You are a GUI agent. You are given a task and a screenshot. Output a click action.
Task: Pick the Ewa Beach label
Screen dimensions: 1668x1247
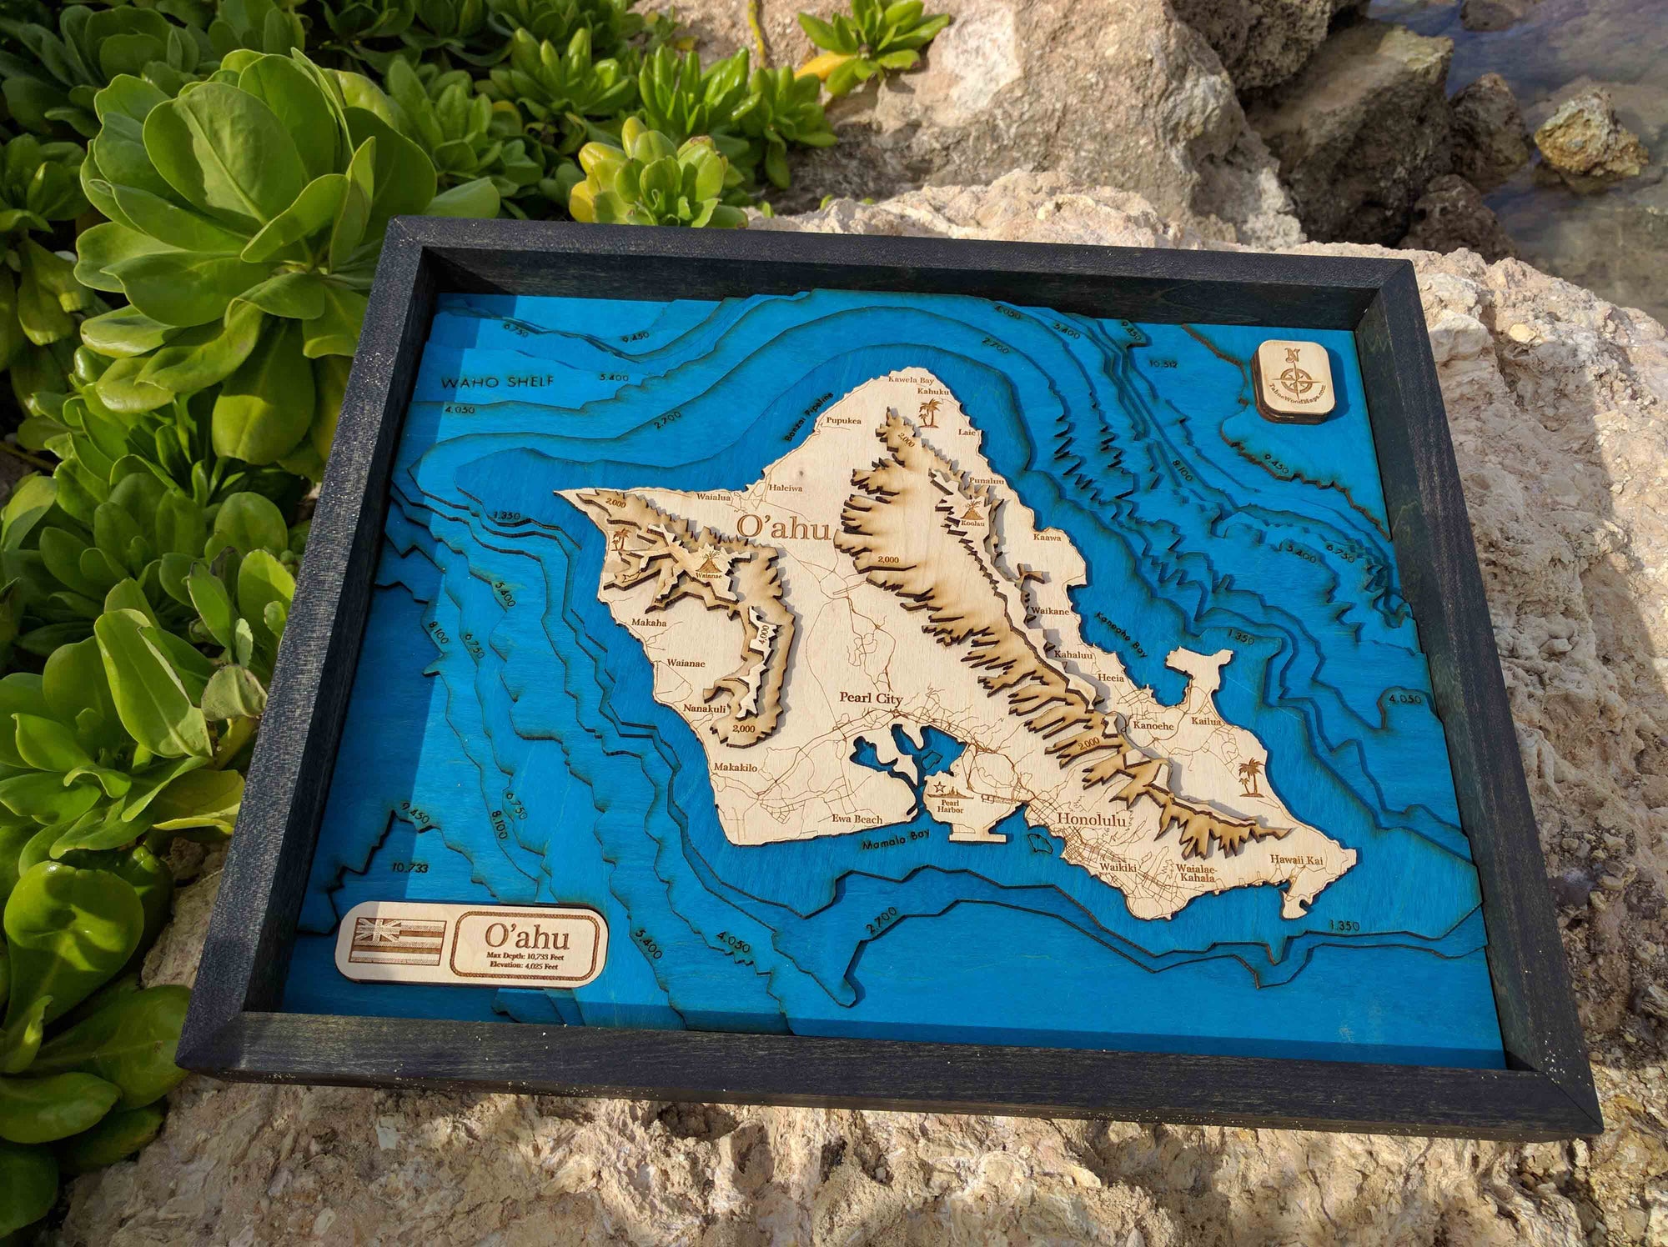(x=858, y=819)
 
